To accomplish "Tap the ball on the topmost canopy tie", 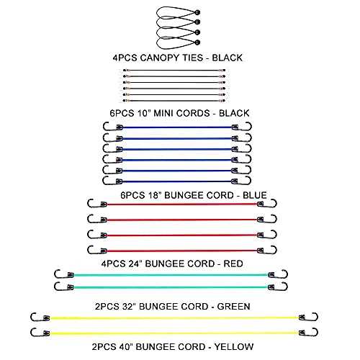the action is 197,12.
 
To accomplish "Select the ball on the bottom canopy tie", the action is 197,42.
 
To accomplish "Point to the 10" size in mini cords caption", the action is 143,113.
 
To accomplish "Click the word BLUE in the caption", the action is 255,195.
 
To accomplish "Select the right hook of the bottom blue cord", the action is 245,181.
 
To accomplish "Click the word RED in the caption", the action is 233,264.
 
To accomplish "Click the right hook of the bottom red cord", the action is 270,250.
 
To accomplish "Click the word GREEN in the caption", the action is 233,307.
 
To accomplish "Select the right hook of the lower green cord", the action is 281,287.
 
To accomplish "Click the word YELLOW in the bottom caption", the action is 234,347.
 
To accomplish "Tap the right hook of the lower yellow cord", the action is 312,333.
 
